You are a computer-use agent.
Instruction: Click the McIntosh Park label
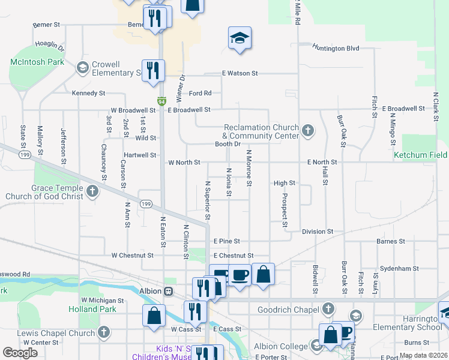[37, 62]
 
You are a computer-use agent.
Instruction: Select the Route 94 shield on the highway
[161, 101]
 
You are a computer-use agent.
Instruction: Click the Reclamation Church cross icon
[308, 131]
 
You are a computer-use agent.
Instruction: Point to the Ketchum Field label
[420, 155]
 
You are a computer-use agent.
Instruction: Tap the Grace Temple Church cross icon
[92, 191]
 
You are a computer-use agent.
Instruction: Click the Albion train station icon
[169, 291]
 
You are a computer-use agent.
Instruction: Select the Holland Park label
[92, 309]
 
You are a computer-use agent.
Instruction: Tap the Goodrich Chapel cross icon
[328, 309]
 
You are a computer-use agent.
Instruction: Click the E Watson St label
[240, 73]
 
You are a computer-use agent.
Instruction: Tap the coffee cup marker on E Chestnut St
[240, 275]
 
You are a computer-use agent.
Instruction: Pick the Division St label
[318, 232]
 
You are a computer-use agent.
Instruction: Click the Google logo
[20, 353]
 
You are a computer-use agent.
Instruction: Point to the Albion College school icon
[316, 345]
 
